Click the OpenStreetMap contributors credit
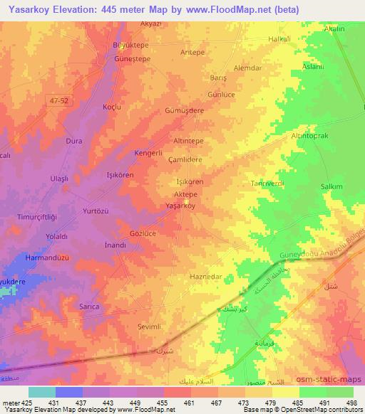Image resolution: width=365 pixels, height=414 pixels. pyautogui.click(x=324, y=410)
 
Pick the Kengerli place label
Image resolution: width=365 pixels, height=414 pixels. pyautogui.click(x=150, y=153)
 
